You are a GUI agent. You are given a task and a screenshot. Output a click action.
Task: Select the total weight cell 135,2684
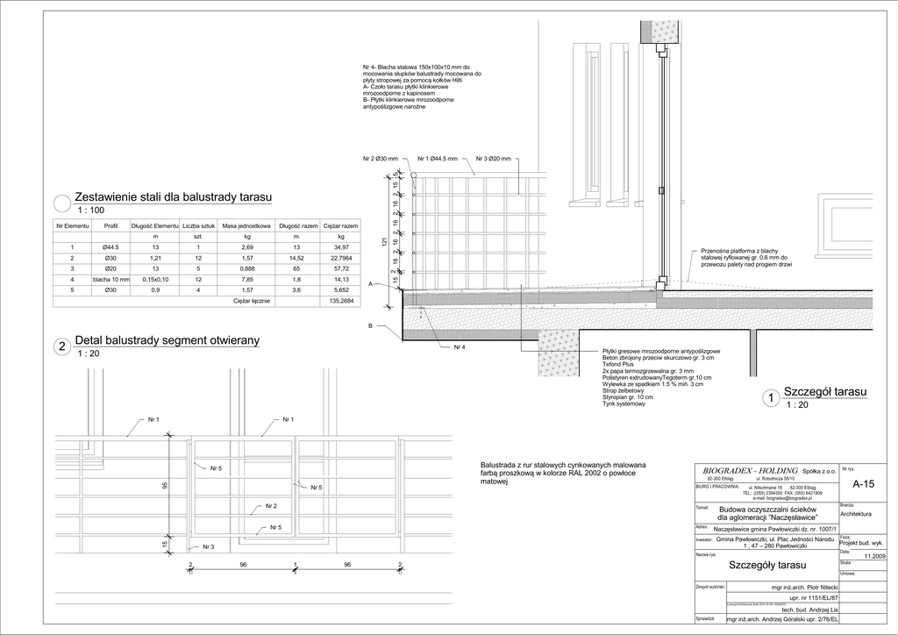[341, 301]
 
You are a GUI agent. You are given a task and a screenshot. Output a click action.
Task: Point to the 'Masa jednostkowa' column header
[243, 226]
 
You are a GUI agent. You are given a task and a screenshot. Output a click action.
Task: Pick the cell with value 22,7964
[341, 258]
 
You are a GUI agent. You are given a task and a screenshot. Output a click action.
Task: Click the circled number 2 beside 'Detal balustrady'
[61, 347]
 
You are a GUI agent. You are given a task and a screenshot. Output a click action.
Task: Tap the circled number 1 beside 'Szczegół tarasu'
[770, 399]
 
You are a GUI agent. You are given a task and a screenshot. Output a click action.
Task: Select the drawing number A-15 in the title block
[863, 483]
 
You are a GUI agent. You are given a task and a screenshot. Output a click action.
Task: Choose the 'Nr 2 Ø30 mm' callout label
[381, 159]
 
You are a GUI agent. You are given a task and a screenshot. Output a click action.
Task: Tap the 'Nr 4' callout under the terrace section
[459, 347]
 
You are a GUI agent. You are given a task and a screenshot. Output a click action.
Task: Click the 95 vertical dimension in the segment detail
[165, 485]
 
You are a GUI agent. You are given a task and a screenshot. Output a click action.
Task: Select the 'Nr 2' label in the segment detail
[271, 507]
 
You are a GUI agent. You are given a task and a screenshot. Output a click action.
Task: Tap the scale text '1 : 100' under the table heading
[91, 210]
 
